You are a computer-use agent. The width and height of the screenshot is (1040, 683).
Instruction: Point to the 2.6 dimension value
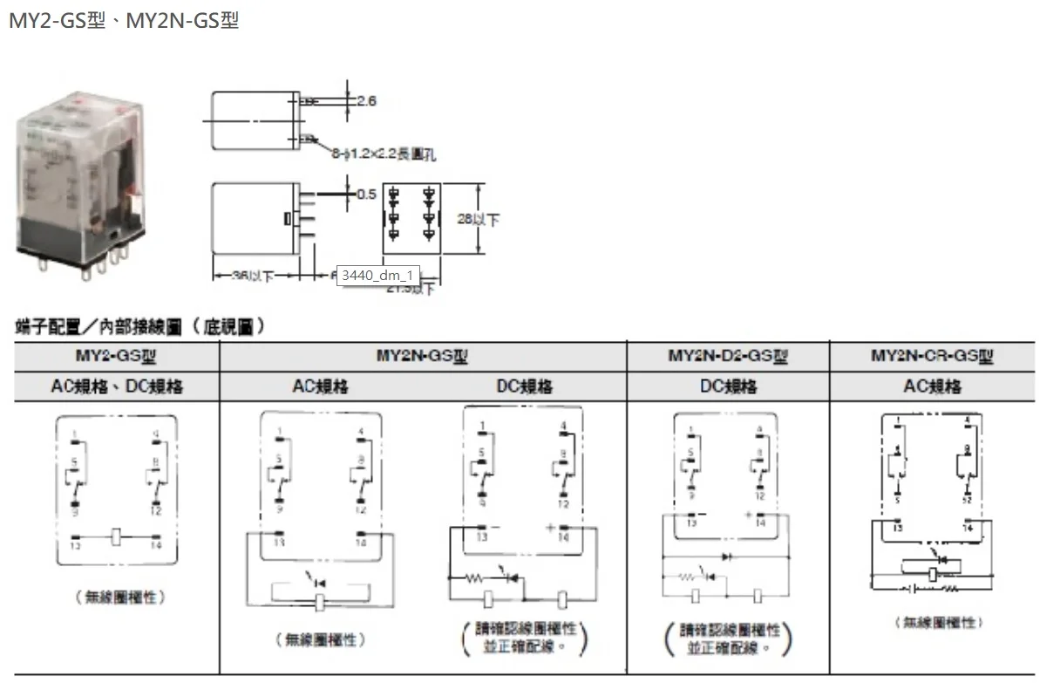366,101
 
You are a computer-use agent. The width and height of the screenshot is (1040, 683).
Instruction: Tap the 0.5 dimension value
367,194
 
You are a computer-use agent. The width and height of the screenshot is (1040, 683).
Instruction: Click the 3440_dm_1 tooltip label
377,276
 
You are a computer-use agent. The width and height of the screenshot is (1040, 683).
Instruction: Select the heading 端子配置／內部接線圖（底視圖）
140,327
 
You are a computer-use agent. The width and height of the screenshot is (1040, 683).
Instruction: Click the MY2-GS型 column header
116,356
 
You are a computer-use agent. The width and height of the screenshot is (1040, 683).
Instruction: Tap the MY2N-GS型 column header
423,356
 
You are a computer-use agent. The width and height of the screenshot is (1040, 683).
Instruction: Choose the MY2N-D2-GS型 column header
728,356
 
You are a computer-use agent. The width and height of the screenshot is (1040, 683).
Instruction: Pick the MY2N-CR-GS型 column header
933,356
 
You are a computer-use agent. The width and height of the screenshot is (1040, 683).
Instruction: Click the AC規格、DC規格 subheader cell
116,386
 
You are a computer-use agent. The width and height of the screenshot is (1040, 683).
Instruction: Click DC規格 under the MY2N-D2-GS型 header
728,386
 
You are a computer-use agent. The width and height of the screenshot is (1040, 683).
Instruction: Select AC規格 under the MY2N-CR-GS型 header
933,386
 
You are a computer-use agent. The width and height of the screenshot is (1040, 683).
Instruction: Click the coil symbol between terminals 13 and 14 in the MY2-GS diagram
116,536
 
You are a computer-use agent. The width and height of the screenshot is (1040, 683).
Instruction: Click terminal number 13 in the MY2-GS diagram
75,546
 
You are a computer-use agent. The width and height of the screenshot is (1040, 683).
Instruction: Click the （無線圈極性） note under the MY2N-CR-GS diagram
936,622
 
